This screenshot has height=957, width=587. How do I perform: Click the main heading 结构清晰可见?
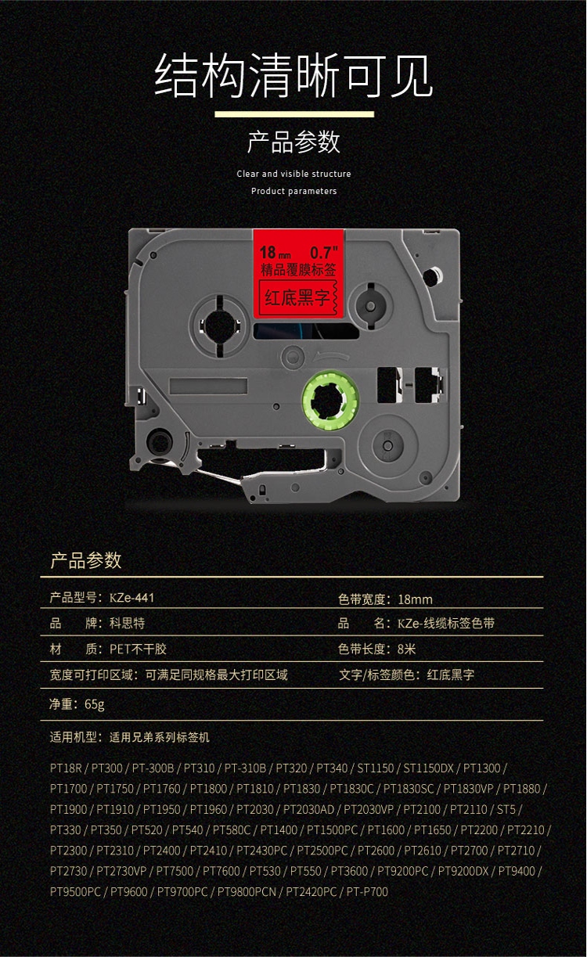(x=293, y=75)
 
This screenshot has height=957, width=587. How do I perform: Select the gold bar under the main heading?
(x=293, y=115)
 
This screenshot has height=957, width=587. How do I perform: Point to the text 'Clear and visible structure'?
(x=293, y=174)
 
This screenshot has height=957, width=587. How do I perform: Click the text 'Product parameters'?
(x=293, y=191)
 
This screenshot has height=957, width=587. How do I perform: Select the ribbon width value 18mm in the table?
(x=415, y=599)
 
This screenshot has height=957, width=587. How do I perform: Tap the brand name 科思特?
(x=127, y=624)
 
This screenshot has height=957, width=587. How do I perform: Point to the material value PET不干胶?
(x=139, y=649)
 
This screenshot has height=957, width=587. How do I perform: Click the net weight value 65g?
(x=94, y=704)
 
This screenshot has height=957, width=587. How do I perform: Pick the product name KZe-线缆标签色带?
(x=446, y=624)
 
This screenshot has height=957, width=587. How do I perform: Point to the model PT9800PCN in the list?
(x=247, y=891)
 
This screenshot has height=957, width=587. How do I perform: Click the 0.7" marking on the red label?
(x=324, y=253)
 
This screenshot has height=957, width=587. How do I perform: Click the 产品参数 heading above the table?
(x=86, y=560)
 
